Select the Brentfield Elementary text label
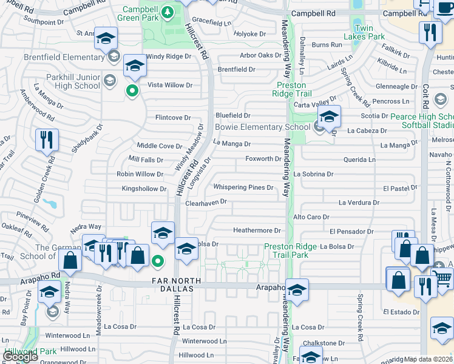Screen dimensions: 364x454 click(56, 58)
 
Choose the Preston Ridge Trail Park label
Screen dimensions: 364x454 click(294, 251)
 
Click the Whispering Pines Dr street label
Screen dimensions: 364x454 click(243, 187)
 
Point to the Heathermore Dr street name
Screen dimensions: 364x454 click(257, 231)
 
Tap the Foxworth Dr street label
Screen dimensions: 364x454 click(263, 159)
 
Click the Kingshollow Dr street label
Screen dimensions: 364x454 click(144, 189)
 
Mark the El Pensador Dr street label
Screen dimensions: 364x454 click(351, 232)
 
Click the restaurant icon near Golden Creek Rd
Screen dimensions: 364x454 click(47, 140)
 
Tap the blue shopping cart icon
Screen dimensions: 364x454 click(443, 277)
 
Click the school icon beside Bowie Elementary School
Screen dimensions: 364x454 click(329, 116)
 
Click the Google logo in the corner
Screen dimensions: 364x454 click(20, 357)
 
